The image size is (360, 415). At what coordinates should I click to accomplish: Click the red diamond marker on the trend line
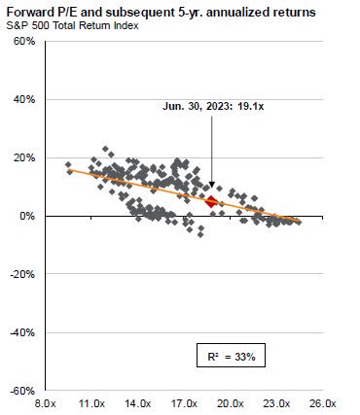[212, 201]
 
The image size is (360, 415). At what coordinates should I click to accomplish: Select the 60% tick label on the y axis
[23, 41]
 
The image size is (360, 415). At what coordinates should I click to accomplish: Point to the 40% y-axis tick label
[23, 99]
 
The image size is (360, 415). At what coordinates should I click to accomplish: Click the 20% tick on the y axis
[23, 157]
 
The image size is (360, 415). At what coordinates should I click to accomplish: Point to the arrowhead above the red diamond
[212, 186]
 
